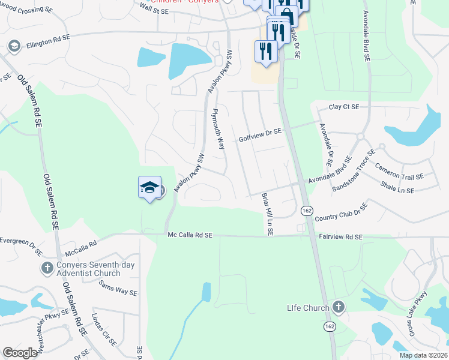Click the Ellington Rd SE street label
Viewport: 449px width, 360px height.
pyautogui.click(x=47, y=37)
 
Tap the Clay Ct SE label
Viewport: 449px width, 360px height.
pyautogui.click(x=343, y=107)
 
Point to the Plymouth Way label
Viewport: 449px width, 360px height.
pyautogui.click(x=218, y=130)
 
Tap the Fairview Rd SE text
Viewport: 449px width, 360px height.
pyautogui.click(x=340, y=238)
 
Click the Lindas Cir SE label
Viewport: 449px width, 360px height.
pyautogui.click(x=104, y=329)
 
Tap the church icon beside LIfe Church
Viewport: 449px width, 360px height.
pyautogui.click(x=339, y=308)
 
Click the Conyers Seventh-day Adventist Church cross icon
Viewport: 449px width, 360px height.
pyautogui.click(x=47, y=268)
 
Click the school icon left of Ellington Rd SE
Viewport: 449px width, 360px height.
pyautogui.click(x=14, y=46)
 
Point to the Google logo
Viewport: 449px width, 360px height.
pyautogui.click(x=20, y=353)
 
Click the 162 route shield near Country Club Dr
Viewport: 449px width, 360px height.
pyautogui.click(x=307, y=211)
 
